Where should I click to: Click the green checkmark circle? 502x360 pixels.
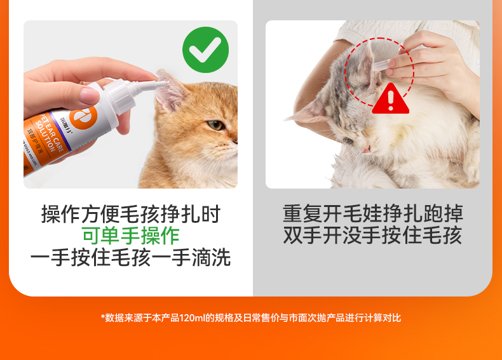click(205, 50)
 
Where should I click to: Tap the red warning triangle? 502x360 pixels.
click(391, 98)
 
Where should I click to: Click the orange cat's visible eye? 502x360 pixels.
click(215, 125)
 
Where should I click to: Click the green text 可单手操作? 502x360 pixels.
click(131, 236)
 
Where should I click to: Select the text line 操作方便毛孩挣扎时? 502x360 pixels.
click(131, 214)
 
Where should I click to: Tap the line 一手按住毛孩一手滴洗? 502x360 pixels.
click(131, 258)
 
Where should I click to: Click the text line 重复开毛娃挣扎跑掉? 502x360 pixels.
click(372, 214)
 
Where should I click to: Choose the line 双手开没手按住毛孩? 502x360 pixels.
click(372, 236)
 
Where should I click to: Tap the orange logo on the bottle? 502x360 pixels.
click(83, 117)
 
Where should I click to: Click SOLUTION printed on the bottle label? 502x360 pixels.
click(46, 135)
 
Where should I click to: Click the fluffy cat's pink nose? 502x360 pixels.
click(366, 150)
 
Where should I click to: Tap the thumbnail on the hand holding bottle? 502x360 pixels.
click(89, 95)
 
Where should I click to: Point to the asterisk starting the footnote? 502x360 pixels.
click(103, 317)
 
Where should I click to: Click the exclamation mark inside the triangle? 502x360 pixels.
click(391, 100)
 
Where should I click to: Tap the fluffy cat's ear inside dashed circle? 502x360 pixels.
click(365, 65)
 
